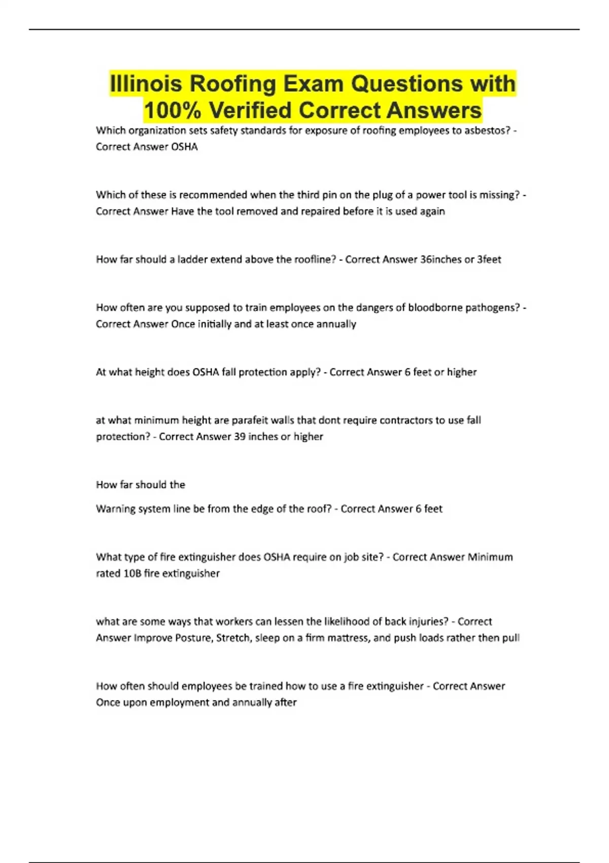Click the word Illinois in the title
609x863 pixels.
click(x=146, y=84)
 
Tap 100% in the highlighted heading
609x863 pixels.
click(x=172, y=110)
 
